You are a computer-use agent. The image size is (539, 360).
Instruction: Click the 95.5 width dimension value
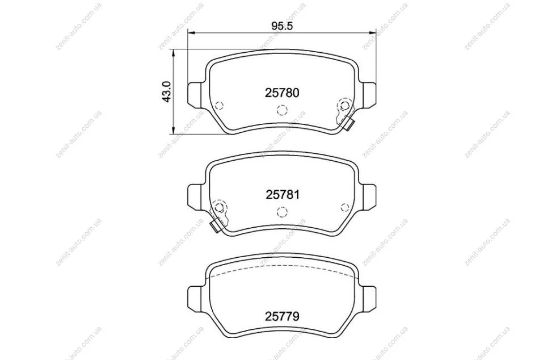(281, 26)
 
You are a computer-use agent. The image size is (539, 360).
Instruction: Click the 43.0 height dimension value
(167, 91)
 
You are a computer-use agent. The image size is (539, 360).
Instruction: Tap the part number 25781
(282, 195)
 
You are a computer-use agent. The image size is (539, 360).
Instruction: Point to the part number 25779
(282, 316)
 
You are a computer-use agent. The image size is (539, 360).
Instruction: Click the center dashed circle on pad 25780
(282, 110)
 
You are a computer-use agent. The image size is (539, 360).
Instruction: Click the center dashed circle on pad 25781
(282, 212)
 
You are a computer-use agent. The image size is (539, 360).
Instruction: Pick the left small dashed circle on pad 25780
(219, 105)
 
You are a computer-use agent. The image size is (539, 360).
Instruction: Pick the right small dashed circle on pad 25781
(345, 207)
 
